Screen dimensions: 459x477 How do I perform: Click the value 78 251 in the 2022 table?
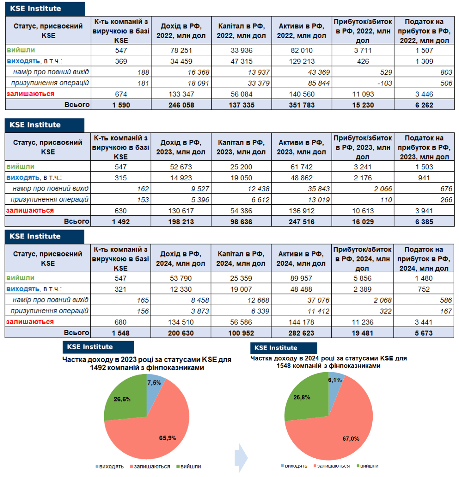[x=181, y=50]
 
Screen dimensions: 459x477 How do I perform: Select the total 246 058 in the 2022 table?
[x=181, y=105]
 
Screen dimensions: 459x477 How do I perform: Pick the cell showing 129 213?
[x=302, y=61]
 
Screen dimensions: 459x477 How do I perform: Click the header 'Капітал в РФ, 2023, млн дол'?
[x=241, y=147]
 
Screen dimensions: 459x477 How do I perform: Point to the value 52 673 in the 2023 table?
[x=181, y=167]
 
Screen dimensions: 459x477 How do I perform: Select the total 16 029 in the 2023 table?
[x=363, y=222]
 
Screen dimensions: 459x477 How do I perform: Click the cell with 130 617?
[x=181, y=211]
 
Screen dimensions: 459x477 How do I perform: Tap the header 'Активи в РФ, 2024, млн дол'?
[x=301, y=258]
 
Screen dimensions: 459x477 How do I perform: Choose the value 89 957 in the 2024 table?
[x=301, y=278]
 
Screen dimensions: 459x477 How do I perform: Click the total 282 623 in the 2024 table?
[x=301, y=333]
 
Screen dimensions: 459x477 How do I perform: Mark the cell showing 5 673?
[x=424, y=333]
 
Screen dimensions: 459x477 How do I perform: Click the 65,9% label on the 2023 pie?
[x=168, y=438]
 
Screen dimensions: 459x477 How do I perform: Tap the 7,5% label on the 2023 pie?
[x=154, y=383]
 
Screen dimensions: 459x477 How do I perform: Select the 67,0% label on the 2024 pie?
[x=351, y=439]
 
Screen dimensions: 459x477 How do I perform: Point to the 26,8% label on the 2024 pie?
[x=302, y=397]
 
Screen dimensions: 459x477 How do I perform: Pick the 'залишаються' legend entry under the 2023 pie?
[x=150, y=467]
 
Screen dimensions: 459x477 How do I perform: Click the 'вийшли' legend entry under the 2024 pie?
[x=367, y=466]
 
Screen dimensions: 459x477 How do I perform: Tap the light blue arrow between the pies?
[x=241, y=458]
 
